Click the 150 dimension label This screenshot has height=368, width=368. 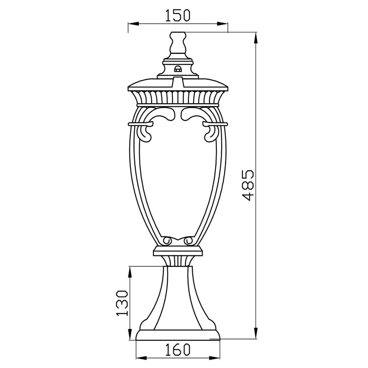178,15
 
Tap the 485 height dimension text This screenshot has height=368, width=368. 247,185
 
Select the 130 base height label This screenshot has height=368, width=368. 122,303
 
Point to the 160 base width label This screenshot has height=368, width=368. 178,349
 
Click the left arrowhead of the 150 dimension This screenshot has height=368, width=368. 133,24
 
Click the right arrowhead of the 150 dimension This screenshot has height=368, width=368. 223,24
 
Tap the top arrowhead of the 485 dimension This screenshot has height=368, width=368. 256,38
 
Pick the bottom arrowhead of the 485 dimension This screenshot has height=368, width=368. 256,333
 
